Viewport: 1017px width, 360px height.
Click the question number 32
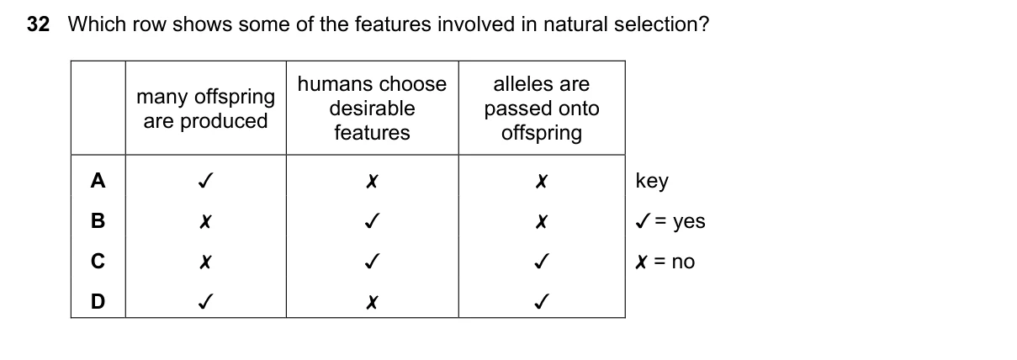click(x=38, y=24)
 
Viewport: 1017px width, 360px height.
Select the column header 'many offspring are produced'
click(x=205, y=109)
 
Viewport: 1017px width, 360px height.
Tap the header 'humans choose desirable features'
click(x=373, y=109)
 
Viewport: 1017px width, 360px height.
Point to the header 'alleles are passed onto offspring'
click(x=542, y=109)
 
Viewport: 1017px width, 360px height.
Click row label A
click(x=98, y=181)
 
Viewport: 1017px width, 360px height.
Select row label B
click(x=98, y=221)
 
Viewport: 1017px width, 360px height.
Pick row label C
click(x=98, y=261)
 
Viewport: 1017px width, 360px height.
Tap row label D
click(x=98, y=301)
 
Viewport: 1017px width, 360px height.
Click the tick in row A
click(x=205, y=181)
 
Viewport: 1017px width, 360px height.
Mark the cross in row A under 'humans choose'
click(x=372, y=182)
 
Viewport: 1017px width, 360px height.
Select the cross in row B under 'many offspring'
click(x=205, y=221)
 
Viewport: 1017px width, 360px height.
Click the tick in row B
click(x=373, y=220)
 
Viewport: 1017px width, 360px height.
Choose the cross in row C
click(x=205, y=262)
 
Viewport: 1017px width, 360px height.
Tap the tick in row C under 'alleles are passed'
click(x=542, y=261)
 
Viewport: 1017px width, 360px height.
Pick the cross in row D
click(x=372, y=302)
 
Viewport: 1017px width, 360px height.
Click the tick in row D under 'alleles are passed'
click(x=542, y=301)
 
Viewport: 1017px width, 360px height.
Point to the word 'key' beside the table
click(x=652, y=182)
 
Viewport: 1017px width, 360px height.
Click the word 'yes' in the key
click(x=689, y=222)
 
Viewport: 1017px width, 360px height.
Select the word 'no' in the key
click(x=683, y=262)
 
